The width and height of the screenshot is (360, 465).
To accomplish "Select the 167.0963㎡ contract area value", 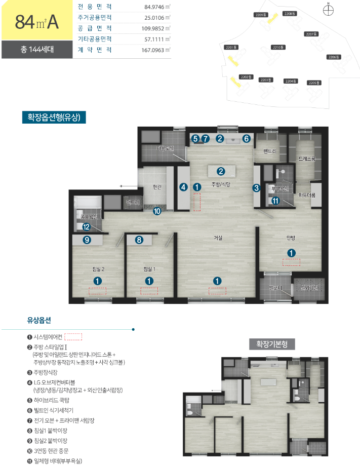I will click(x=156, y=50).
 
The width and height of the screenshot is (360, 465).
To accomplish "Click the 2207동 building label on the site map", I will click(x=310, y=34).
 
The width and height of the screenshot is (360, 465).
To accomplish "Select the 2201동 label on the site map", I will click(x=231, y=47).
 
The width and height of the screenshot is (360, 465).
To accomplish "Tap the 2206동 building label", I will click(x=334, y=57).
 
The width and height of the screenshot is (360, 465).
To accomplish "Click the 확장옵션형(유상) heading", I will click(x=54, y=118).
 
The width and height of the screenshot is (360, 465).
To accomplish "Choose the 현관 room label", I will click(x=157, y=187).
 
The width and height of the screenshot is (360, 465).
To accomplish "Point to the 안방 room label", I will click(x=291, y=238).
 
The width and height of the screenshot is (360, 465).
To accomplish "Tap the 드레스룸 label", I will click(x=306, y=159).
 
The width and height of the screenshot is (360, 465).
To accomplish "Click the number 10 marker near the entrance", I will click(x=157, y=211).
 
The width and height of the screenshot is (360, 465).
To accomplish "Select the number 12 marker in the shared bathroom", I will click(x=87, y=226).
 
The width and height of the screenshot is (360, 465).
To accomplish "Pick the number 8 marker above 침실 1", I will click(x=139, y=240).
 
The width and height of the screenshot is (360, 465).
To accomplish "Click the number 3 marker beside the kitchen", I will click(x=257, y=188).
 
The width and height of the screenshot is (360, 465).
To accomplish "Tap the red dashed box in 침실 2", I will click(x=97, y=291).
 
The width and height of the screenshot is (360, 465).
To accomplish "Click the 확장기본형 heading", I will click(x=272, y=344).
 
